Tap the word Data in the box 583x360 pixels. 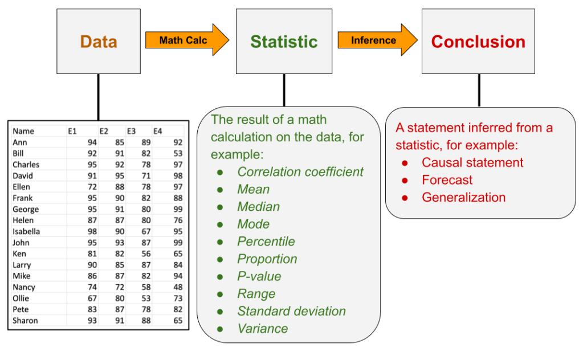point(99,42)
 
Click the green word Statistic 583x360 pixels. point(284,42)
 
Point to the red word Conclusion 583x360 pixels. point(478,42)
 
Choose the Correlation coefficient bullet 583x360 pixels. point(300,171)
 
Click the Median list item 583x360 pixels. point(258,207)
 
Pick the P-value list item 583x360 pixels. point(259,276)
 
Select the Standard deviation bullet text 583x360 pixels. point(291,311)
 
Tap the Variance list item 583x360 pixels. point(262,329)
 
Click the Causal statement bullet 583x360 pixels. point(472,162)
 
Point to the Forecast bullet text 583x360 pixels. point(447,180)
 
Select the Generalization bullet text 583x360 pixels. point(463,198)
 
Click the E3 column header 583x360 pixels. point(131,132)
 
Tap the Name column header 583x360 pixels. point(23,132)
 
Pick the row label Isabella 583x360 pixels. point(27,232)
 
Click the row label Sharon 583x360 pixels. point(25,321)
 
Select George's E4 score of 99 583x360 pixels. point(178,210)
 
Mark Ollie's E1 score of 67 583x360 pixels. point(92,298)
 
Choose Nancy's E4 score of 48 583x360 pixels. point(178,288)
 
